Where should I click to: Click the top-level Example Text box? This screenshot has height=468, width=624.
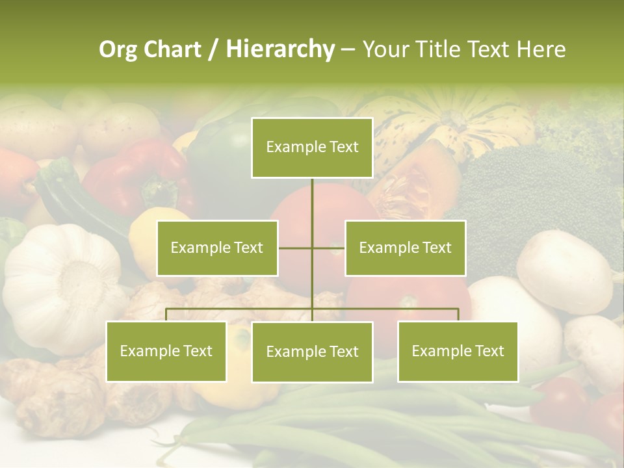pos(312,148)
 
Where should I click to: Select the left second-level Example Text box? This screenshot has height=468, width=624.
pos(217,248)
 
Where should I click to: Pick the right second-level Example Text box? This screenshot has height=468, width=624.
pos(405,248)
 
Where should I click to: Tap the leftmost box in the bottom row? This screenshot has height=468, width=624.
pos(166,351)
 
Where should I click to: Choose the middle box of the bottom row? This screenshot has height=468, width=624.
pos(312,352)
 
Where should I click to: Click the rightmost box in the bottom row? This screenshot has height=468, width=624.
pos(458,351)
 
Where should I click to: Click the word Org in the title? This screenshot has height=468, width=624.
pos(118,49)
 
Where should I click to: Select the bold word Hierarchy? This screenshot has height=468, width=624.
pos(279,49)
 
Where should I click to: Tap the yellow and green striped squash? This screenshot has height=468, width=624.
pos(448,123)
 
